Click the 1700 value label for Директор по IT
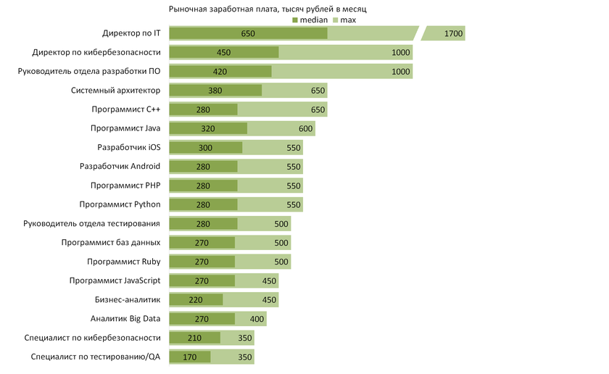(454, 33)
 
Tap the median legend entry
(309, 20)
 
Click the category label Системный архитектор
(115, 91)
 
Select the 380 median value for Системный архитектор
(215, 91)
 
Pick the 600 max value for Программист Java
(305, 128)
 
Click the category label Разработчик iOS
(128, 147)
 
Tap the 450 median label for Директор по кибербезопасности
(224, 52)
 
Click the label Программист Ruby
(123, 261)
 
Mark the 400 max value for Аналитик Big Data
(257, 318)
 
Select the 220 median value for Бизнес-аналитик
(196, 299)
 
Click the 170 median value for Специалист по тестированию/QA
(190, 357)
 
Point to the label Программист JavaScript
(115, 280)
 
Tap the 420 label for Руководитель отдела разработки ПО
(220, 71)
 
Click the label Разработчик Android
(120, 166)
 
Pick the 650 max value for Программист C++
(318, 109)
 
